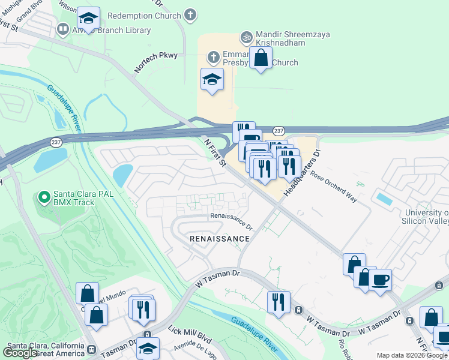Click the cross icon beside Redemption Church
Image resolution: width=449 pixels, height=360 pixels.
coord(190,16)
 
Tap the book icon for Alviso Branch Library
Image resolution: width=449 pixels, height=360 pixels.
coord(62,28)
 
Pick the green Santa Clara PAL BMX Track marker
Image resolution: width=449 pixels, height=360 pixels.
coord(43,196)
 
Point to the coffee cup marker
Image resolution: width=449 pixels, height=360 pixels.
coord(379,280)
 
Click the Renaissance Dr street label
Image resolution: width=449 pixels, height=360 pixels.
coord(231,221)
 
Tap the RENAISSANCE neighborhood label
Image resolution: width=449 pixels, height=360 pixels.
coord(219,239)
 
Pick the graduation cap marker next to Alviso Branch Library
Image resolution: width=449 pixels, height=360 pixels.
coord(88,19)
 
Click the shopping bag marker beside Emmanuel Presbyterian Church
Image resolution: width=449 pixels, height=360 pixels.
coord(261,58)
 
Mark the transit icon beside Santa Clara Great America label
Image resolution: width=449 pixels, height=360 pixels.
coord(91,349)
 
